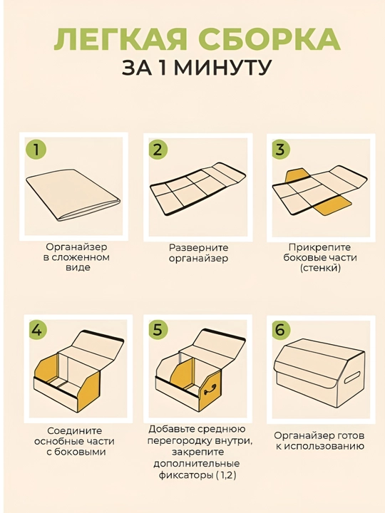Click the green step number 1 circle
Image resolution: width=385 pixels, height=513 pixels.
coord(36,150)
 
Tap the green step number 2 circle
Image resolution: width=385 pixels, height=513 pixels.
coord(158,150)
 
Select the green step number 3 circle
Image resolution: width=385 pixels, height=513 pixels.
coord(281,150)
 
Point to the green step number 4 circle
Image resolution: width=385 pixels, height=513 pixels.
coord(37,330)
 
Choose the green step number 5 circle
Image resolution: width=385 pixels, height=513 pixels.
coord(158,330)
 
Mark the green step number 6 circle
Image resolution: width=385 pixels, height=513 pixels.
coord(281,330)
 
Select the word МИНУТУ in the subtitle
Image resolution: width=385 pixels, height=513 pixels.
coord(222,68)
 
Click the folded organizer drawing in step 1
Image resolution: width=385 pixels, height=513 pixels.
coord(73,194)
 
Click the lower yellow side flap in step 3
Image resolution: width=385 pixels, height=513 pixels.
coord(332,207)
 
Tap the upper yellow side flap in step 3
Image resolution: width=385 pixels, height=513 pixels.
coord(297,176)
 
